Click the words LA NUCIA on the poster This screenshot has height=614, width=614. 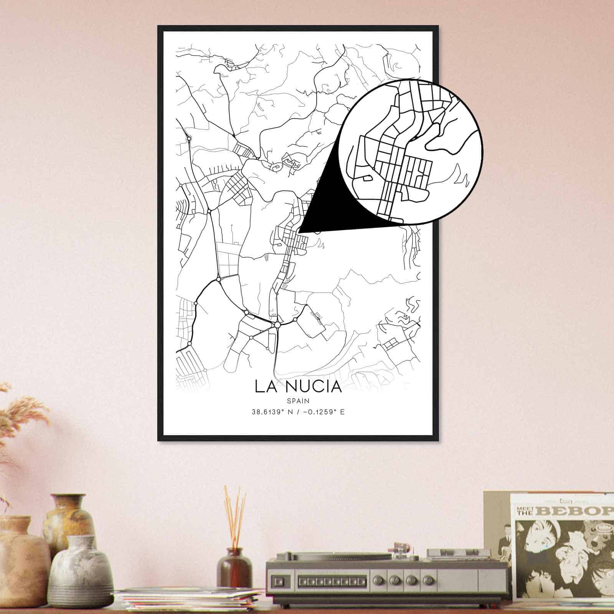click(298, 386)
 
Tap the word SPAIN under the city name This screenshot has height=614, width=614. click(298, 401)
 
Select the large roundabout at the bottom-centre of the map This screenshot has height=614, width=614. click(277, 325)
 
